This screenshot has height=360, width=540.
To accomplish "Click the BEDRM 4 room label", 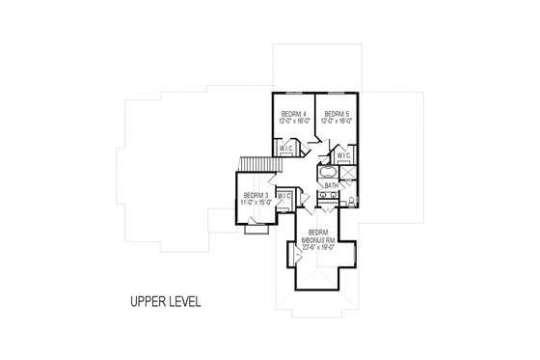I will point(291,114).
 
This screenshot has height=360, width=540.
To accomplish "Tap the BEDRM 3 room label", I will point(255,194).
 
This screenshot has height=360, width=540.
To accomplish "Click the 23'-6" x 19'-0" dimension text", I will point(317,247).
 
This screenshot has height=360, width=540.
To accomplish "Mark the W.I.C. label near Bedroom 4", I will point(285,149).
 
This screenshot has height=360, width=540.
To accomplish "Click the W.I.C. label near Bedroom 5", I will point(342,154).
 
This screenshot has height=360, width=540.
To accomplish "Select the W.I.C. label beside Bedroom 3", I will point(283,196).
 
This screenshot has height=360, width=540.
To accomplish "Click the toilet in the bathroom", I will point(353,200).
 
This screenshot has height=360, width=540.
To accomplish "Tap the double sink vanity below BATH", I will point(328,197).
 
